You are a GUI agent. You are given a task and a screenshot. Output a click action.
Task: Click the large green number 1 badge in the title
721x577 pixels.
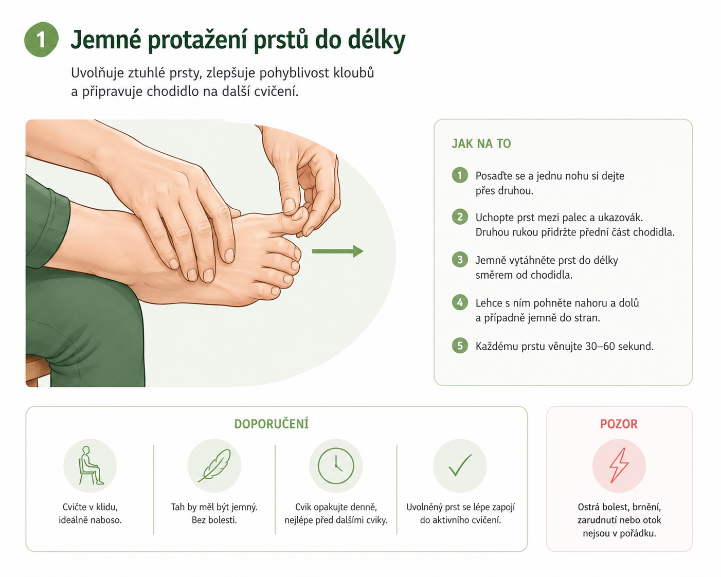41,40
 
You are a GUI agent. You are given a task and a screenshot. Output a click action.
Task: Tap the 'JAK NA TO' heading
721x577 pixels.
481,143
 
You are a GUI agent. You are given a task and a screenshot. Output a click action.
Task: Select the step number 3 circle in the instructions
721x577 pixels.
460,260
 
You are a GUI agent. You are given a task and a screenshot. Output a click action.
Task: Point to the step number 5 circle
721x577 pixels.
460,346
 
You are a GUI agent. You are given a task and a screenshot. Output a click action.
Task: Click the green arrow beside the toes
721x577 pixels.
337,251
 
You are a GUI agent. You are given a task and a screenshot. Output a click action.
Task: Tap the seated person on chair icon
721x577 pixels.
90,465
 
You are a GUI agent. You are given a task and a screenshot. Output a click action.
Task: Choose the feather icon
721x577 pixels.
214,465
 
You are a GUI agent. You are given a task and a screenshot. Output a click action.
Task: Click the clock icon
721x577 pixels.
336,466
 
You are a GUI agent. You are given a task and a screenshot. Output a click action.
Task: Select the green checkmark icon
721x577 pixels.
460,465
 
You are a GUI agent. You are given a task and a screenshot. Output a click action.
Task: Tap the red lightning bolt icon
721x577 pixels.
619,466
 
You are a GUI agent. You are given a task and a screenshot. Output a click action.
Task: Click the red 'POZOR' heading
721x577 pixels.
619,424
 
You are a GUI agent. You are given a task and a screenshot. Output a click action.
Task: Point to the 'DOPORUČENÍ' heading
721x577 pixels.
271,424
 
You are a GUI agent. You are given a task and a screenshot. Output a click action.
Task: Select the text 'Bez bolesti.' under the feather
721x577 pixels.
214,520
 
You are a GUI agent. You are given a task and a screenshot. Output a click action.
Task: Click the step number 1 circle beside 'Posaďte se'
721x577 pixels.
460,175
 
